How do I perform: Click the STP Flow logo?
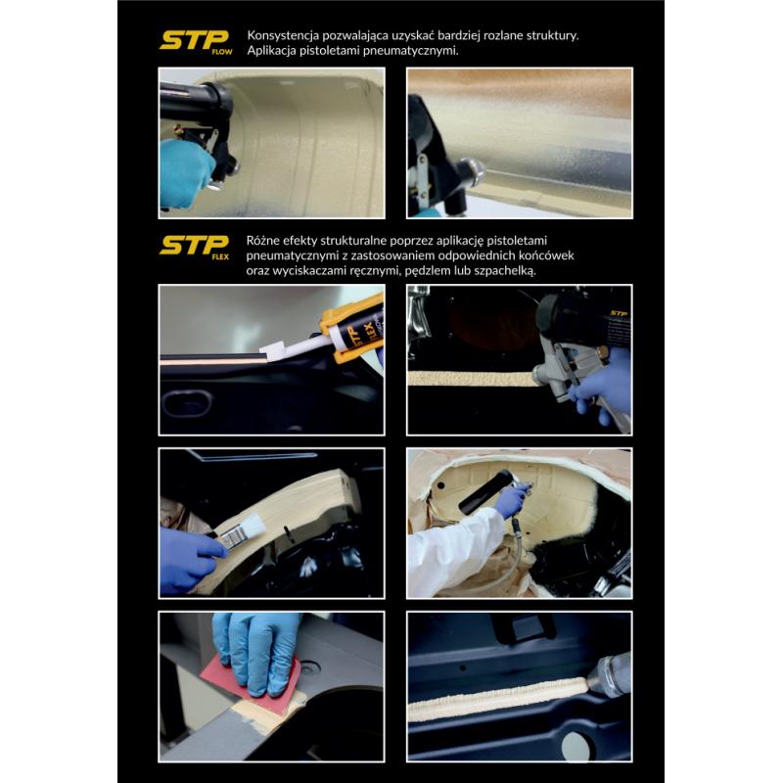196,42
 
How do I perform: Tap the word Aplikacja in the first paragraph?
279,52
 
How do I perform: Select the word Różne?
267,239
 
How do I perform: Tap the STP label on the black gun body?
617,315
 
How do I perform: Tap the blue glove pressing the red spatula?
255,646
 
